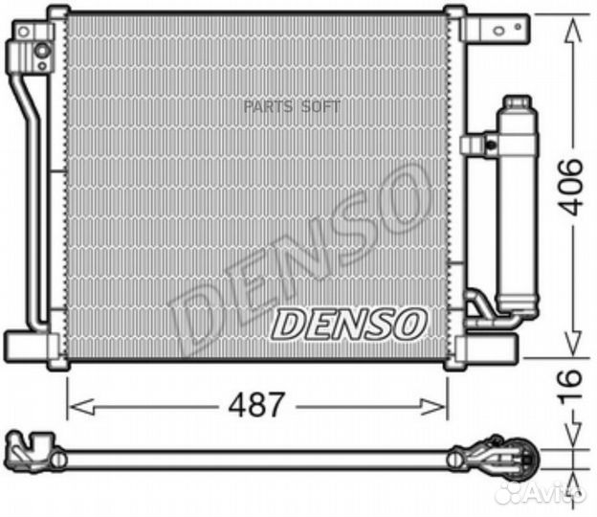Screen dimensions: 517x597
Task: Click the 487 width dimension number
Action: [x=257, y=405]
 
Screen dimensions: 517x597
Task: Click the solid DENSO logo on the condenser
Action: [x=347, y=325]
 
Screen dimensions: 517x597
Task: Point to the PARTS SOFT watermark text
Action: [x=292, y=107]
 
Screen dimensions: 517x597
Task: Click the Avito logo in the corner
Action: [x=552, y=492]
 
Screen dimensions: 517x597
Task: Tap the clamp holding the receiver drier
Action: [x=478, y=145]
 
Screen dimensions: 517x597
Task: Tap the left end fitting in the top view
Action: [x=29, y=450]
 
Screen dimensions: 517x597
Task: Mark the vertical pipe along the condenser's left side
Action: [x=29, y=201]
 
